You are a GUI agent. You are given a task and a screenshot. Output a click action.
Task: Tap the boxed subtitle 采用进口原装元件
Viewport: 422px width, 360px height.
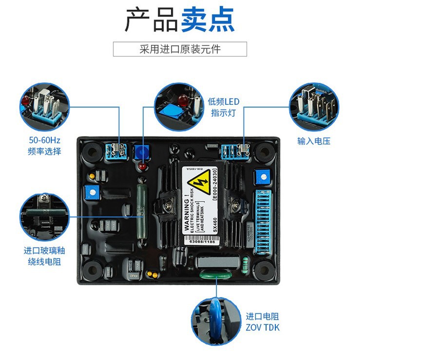[180, 49]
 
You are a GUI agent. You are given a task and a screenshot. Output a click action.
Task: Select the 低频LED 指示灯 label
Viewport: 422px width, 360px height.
[224, 107]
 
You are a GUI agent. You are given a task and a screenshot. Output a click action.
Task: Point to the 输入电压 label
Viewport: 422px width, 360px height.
[314, 141]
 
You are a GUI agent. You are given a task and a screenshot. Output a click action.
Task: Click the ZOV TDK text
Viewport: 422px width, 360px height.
[263, 327]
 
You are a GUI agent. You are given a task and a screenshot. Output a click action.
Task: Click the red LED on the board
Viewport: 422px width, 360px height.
[142, 167]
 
